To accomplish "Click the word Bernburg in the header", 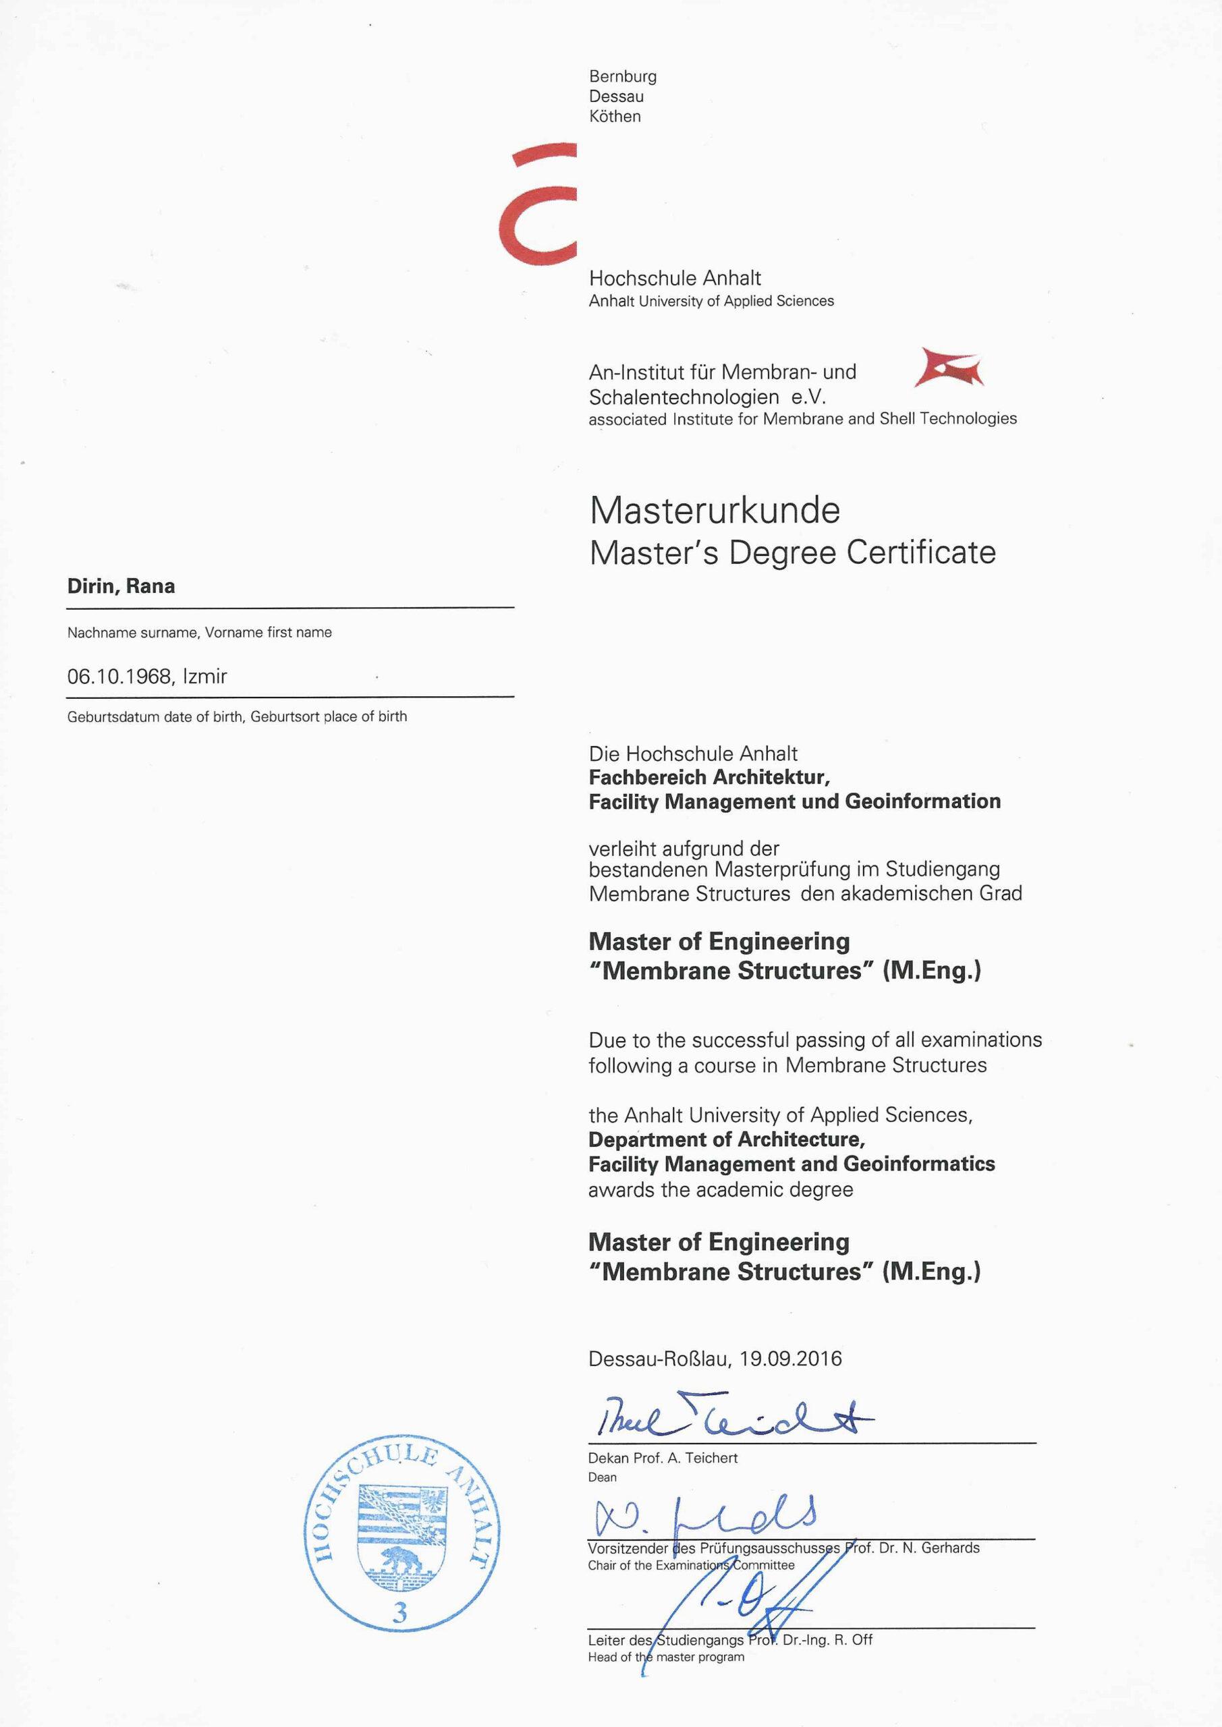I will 622,77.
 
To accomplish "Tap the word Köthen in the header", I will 615,117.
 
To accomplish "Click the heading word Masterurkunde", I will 714,511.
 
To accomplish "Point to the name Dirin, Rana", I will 121,587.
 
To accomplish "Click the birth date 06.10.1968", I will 119,677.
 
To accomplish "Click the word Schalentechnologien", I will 684,397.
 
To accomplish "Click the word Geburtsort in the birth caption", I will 285,717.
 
